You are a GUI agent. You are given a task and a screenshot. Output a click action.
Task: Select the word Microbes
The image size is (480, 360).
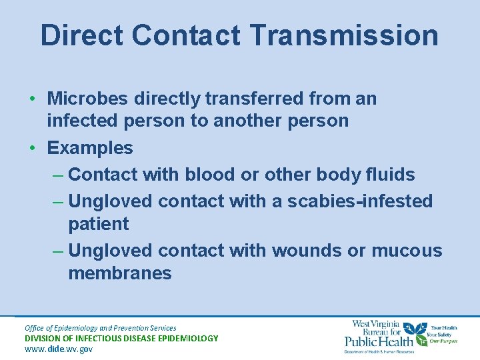click(x=88, y=99)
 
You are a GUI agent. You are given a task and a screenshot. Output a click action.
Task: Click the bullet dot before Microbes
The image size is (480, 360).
click(x=33, y=99)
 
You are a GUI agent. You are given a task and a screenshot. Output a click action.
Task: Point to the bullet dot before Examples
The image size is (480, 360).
click(x=33, y=148)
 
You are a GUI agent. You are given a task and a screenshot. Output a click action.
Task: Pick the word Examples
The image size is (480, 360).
click(x=90, y=148)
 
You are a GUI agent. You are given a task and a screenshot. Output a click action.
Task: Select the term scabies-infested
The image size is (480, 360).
click(x=360, y=201)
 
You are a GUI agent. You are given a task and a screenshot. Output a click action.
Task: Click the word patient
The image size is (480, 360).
click(x=99, y=223)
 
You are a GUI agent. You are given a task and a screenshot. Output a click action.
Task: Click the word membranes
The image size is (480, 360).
click(x=120, y=273)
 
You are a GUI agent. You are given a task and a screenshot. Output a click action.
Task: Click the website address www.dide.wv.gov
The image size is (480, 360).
click(x=59, y=349)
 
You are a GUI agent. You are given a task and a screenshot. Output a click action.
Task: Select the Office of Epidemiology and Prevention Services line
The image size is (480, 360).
click(x=101, y=327)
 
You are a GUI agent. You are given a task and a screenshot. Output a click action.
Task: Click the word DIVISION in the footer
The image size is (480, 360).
click(x=46, y=338)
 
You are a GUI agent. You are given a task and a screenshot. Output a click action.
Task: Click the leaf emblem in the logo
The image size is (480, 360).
click(x=418, y=331)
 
